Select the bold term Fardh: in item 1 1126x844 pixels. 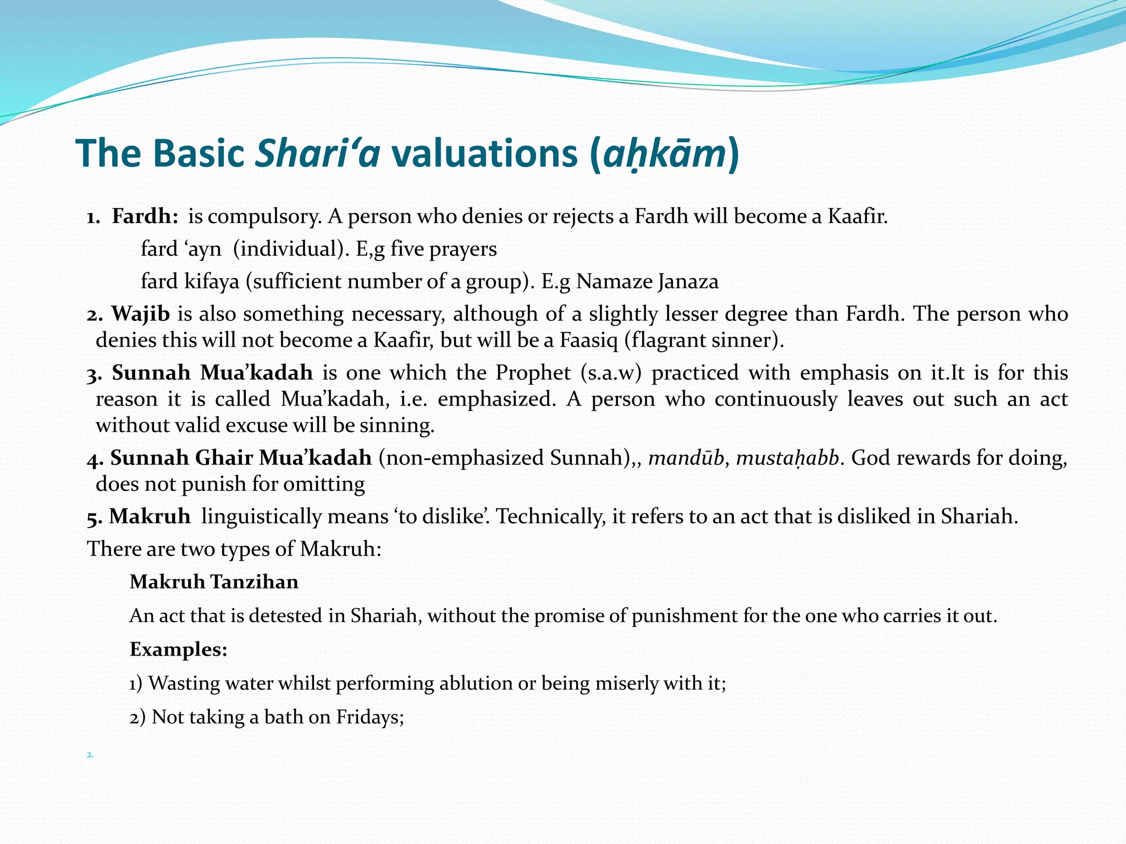pyautogui.click(x=145, y=216)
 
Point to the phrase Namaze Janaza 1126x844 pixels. pyautogui.click(x=647, y=281)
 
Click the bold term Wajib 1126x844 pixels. pyautogui.click(x=141, y=314)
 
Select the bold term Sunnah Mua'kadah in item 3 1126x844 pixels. pyautogui.click(x=212, y=373)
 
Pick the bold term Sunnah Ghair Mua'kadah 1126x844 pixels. pyautogui.click(x=241, y=458)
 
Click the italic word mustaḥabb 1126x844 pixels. pyautogui.click(x=787, y=458)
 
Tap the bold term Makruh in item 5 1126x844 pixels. pyautogui.click(x=150, y=517)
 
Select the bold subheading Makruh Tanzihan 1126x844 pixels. pyautogui.click(x=214, y=581)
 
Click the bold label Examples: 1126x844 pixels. pyautogui.click(x=178, y=649)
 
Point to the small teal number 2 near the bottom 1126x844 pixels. pyautogui.click(x=90, y=755)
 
